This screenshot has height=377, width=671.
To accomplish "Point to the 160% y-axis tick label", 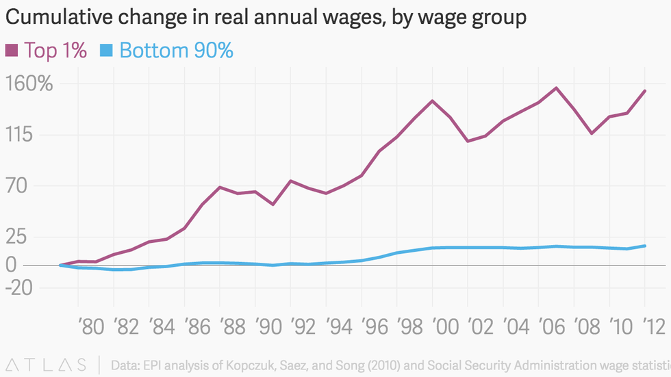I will pyautogui.click(x=28, y=84).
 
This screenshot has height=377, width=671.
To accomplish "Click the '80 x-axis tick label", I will pyautogui.click(x=91, y=326).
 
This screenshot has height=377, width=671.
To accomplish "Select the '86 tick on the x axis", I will pyautogui.click(x=198, y=326).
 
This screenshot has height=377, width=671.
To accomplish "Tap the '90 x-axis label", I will pyautogui.click(x=269, y=326).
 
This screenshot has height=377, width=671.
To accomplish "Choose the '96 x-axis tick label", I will pyautogui.click(x=375, y=326).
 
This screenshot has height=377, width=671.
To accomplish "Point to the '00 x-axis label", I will pyautogui.click(x=446, y=326).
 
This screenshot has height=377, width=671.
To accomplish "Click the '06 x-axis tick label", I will pyautogui.click(x=553, y=326).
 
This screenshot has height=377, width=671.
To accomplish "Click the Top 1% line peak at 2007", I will pyautogui.click(x=556, y=88).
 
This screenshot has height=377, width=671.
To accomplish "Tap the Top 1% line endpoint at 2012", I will pyautogui.click(x=645, y=91).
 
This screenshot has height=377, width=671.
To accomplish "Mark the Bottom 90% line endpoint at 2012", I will pyautogui.click(x=645, y=246).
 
